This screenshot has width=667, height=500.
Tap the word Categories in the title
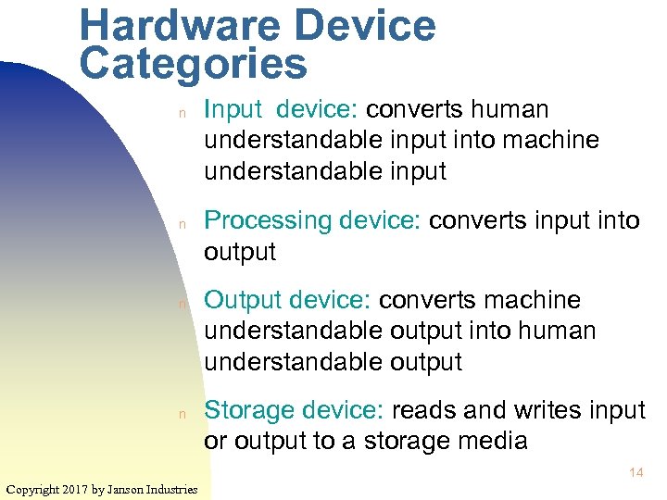tap(193, 64)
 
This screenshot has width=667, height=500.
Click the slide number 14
tap(636, 473)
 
